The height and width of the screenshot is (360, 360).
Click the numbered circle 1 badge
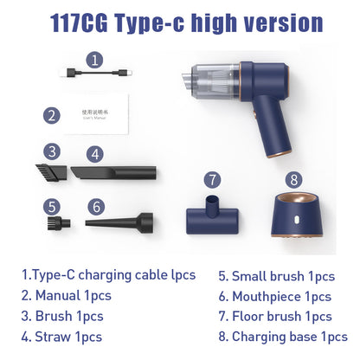(x=95, y=61)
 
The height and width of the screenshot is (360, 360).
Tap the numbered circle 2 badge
(x=52, y=114)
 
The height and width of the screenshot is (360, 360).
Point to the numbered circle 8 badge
(x=294, y=180)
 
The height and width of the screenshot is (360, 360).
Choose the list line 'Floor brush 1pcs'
(x=275, y=317)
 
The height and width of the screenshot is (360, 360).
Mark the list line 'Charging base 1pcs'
(x=283, y=337)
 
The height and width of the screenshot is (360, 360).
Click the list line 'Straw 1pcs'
(x=61, y=337)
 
